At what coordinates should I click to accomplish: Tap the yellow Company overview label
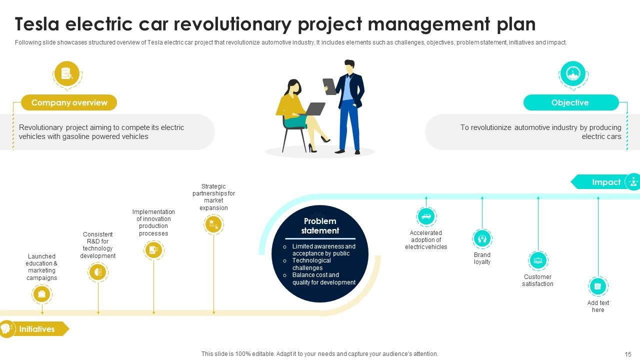tap(69, 102)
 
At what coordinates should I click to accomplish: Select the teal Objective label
tap(570, 102)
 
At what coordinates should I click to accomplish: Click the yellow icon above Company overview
tap(67, 73)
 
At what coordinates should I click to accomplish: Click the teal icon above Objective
tap(572, 73)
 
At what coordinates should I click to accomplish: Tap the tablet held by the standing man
tap(329, 86)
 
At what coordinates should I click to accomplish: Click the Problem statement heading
tap(320, 226)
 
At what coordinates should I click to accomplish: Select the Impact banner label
tap(606, 182)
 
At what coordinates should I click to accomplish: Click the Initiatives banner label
tap(37, 329)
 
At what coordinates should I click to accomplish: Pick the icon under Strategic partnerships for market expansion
tap(213, 223)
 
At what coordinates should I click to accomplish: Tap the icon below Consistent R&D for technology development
tap(98, 272)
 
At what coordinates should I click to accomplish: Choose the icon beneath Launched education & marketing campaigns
tap(42, 294)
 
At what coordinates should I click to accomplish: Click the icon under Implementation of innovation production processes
tap(153, 249)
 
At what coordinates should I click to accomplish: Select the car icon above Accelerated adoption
tap(426, 216)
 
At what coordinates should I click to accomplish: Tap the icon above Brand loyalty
tap(482, 238)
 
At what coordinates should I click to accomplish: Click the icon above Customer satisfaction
tap(538, 260)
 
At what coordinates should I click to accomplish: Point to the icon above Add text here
tap(598, 286)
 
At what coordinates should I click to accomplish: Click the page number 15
tap(628, 354)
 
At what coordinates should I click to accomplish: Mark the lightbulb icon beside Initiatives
tap(6, 328)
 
